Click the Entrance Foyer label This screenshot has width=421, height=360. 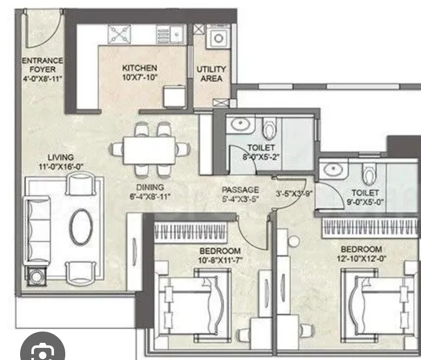point(42,65)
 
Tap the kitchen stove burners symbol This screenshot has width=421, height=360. point(119,34)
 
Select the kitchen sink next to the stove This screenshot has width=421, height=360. point(171,34)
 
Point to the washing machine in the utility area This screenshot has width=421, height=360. point(218,37)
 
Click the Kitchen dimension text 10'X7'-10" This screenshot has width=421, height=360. point(140,77)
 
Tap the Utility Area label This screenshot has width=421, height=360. point(211,74)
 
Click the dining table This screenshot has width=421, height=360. point(149,150)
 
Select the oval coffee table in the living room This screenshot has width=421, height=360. point(81,227)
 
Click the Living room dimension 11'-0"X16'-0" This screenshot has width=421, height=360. point(61,167)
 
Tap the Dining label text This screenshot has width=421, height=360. point(150,187)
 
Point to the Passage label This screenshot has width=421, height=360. point(240,190)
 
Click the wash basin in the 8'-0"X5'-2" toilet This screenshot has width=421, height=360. point(240,124)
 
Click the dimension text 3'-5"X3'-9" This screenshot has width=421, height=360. point(294,193)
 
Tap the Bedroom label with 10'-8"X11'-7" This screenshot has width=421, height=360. point(220,251)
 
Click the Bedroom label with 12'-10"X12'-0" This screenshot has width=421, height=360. point(362,249)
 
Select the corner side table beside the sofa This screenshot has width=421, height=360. point(36,276)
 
